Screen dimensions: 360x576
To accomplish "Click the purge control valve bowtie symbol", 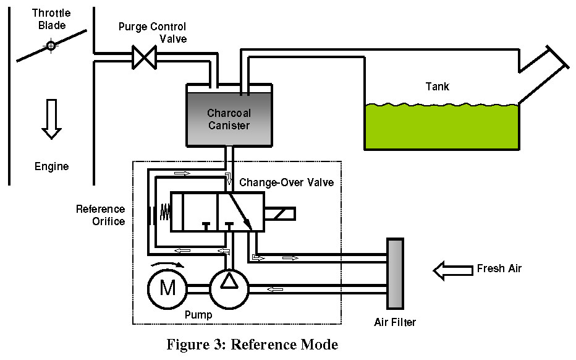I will [145, 58].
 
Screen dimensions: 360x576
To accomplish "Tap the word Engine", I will [51, 166].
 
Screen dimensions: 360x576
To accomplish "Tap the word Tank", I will [437, 87].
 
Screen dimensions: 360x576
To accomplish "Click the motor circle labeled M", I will [167, 288].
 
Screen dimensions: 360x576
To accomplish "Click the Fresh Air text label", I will [499, 269].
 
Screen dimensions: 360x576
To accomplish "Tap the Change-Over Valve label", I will [286, 183].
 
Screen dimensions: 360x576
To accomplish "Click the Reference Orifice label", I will [100, 215].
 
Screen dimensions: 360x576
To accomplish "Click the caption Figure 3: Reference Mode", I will [252, 345].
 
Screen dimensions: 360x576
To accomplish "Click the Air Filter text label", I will [395, 322].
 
